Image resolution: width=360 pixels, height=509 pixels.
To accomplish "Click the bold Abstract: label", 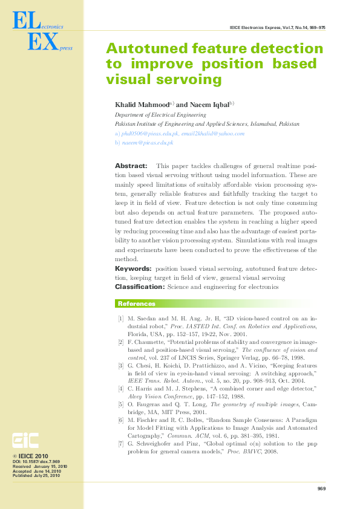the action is pos(131,166).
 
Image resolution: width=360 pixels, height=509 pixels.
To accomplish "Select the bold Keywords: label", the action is pos(134,268).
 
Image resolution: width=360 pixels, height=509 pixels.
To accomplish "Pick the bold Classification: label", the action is pos(140,287).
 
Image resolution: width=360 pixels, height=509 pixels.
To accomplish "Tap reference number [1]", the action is pos(121,318).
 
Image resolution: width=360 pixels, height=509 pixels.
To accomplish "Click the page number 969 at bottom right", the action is pos(321,488).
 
